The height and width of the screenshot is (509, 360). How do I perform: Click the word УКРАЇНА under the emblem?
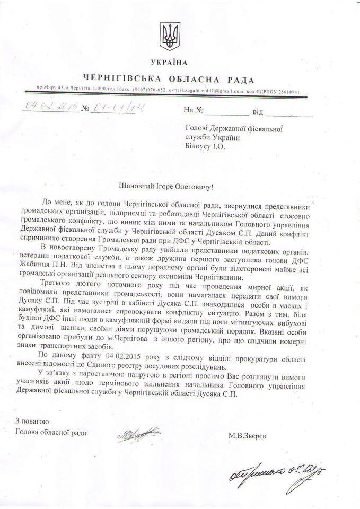(x=169, y=63)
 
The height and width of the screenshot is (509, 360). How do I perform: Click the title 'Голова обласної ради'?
(x=51, y=431)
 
